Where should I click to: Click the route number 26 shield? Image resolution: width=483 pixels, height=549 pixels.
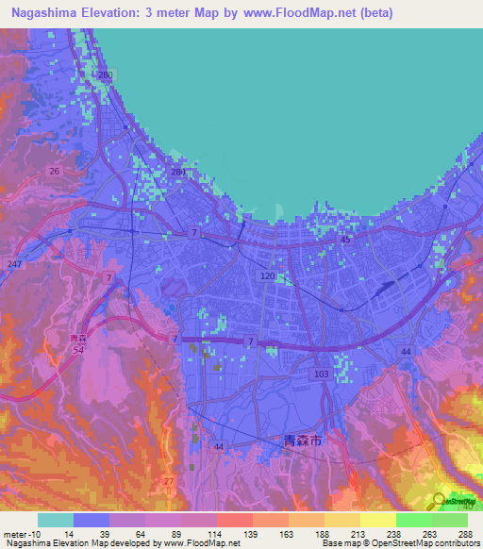tap(54, 171)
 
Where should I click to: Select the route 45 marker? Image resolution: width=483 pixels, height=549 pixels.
tap(345, 240)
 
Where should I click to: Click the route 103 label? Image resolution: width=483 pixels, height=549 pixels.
tap(321, 374)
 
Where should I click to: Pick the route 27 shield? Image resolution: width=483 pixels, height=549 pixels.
tap(168, 481)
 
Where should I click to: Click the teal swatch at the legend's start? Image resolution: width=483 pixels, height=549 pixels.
tap(55, 519)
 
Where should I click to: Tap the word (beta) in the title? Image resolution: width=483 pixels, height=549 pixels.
tap(373, 13)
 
